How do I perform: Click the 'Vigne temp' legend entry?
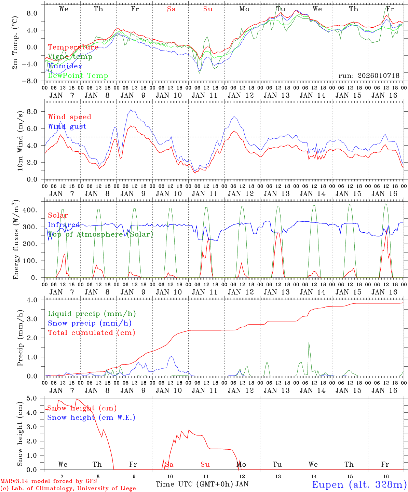(70, 57)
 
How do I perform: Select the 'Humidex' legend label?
(65, 66)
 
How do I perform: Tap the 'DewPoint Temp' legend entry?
(78, 76)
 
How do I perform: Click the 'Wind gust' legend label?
(67, 126)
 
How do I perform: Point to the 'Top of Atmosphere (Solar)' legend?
(100, 234)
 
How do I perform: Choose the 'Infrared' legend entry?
(64, 225)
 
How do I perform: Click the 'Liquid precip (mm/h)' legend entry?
(92, 314)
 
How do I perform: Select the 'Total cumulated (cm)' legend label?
(92, 332)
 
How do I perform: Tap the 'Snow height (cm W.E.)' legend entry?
(91, 418)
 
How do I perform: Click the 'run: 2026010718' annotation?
(369, 76)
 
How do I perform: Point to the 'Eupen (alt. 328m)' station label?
(359, 484)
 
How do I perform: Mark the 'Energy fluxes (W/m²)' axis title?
(16, 241)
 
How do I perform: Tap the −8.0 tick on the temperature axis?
(34, 81)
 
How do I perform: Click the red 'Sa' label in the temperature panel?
(172, 9)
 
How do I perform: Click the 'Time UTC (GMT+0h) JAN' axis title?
(202, 484)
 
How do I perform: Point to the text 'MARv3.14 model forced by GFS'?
(49, 481)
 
